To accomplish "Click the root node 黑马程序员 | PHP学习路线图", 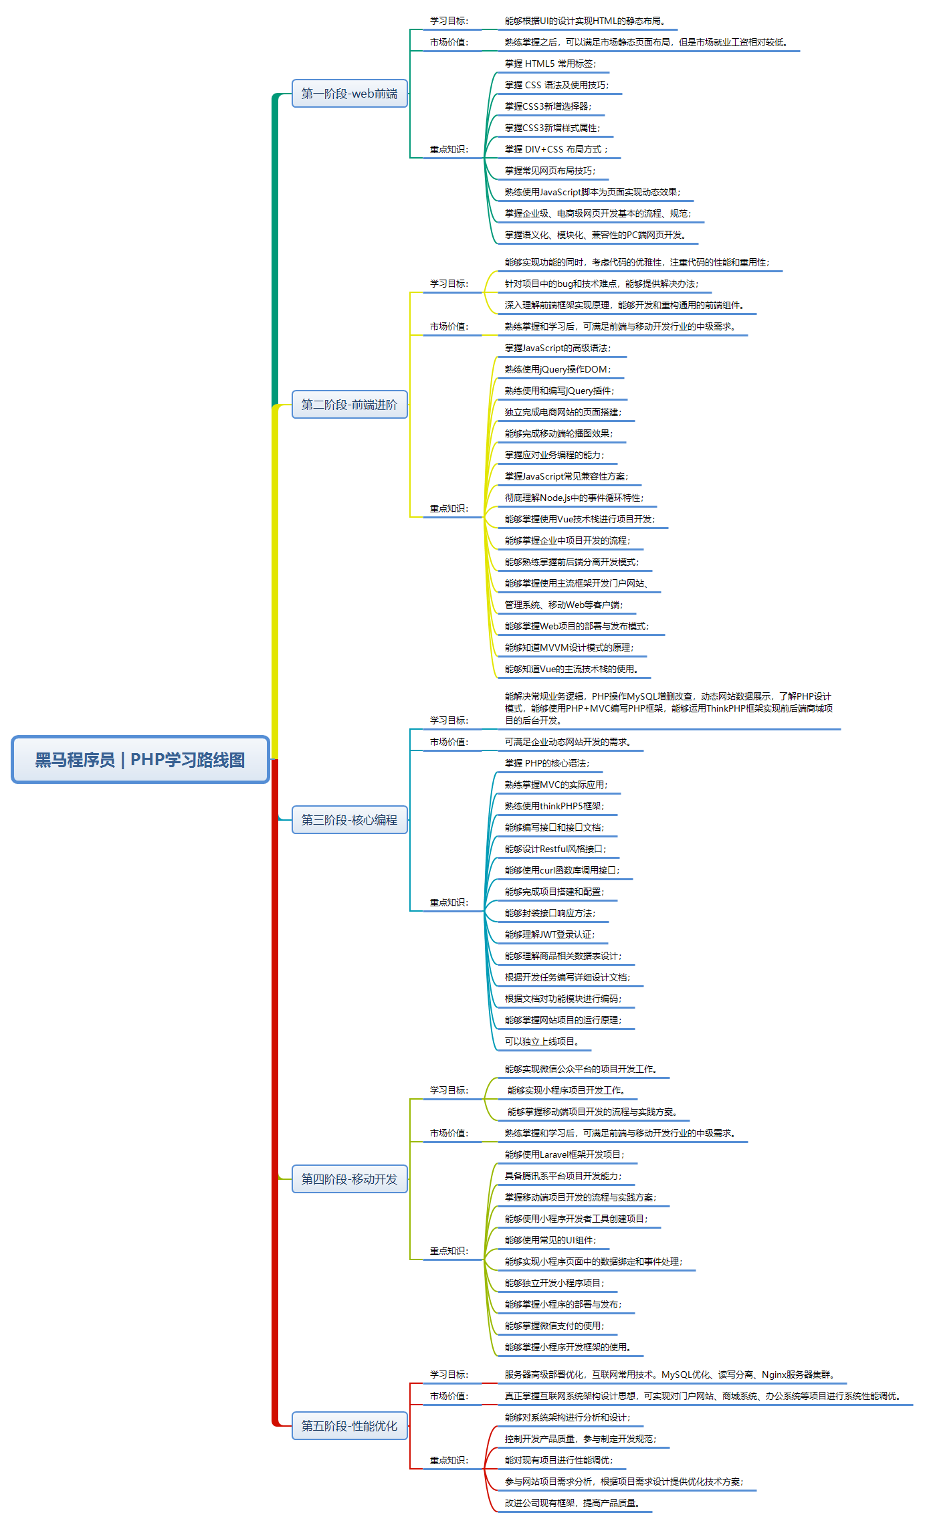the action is coord(140,759).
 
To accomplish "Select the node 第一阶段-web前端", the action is coord(349,93).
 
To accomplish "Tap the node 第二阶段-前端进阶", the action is coord(349,404).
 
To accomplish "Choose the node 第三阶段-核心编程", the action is coord(349,819).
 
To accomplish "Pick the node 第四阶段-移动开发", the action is coord(349,1179).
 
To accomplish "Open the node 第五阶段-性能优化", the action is coord(349,1425).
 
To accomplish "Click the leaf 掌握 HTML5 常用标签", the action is coord(550,64).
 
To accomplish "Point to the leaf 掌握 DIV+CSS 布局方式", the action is coord(556,149).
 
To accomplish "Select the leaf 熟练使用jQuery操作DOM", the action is coord(557,369).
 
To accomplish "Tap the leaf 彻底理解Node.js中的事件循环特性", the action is coord(574,498).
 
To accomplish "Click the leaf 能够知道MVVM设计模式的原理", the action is coord(569,647).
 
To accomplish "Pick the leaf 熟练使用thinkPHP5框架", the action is coord(554,806).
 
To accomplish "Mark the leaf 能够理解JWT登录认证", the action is coord(549,934).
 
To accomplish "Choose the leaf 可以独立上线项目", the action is coord(542,1041).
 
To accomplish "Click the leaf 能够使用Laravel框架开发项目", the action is coord(564,1154).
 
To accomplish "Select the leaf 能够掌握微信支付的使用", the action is coord(554,1326).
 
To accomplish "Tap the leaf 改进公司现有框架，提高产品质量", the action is coord(572,1503).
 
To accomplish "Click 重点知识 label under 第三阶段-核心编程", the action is coord(449,902).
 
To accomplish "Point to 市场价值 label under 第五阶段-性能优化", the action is coord(449,1396).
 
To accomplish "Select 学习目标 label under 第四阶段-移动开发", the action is coord(449,1090).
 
